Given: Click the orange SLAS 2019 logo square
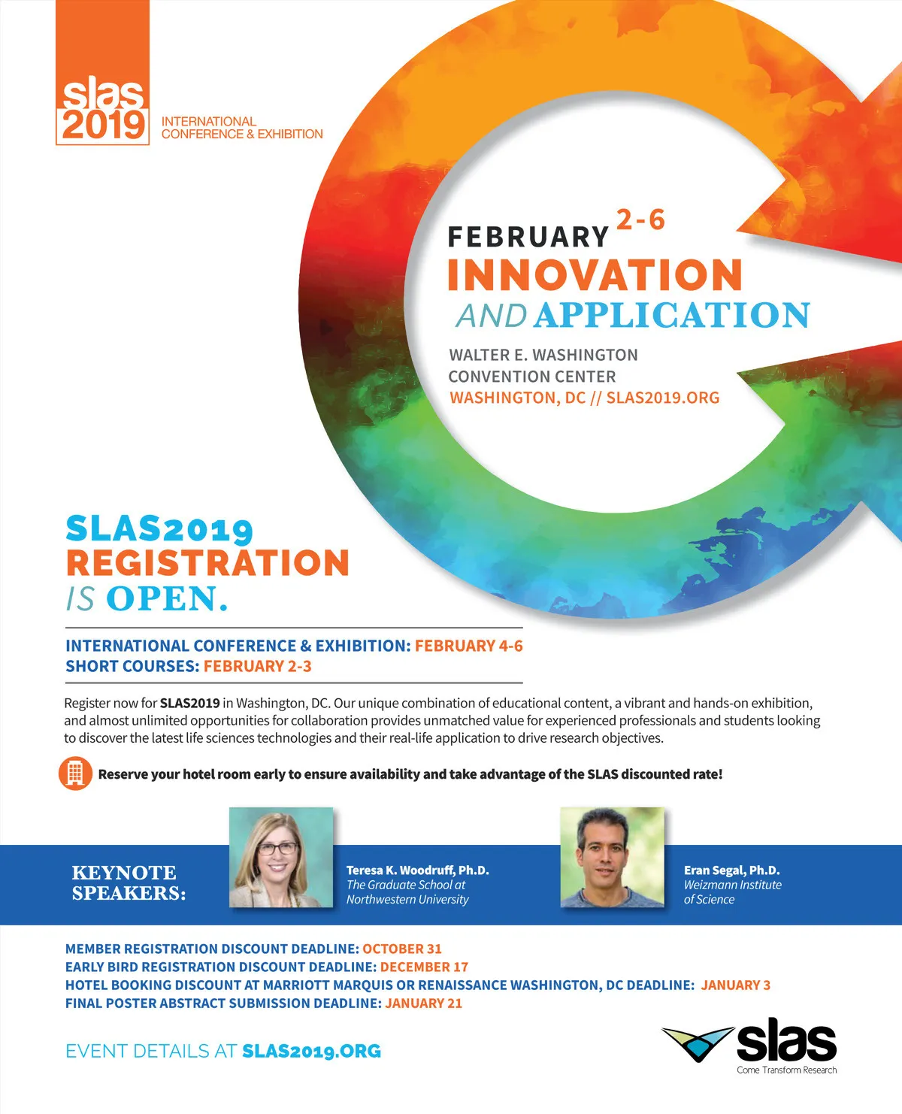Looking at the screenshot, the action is pos(102,72).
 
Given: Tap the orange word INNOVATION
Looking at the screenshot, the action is pos(595,275).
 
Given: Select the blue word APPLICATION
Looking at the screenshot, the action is pos(672,316).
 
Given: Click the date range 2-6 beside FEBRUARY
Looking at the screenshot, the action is pos(640,219).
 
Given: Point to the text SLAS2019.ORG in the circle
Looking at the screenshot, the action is pos(663,398).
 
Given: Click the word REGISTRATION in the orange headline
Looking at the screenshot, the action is pos(207,563).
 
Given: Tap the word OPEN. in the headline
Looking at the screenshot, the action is pos(168,598).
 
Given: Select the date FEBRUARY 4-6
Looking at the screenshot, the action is pos(469,646).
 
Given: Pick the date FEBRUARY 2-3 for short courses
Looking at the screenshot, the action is pos(258,666).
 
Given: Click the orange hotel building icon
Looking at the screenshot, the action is pos(75,773).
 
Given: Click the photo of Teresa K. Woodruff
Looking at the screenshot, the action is pos(281,857).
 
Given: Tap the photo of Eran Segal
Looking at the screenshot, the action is pos(613,857).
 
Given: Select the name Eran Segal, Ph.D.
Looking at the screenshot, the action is pos(732,870).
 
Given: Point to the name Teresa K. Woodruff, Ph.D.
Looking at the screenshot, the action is pos(418,870).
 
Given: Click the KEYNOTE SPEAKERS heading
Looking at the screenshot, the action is pos(129,882).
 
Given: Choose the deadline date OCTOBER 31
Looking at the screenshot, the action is pos(402,949).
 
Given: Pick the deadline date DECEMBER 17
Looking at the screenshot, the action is pos(424,967).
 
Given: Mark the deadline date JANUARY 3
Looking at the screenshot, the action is pos(736,985).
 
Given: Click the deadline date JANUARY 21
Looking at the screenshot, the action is pos(423,1003).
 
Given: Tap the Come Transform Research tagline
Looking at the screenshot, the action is pos(786,1070).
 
